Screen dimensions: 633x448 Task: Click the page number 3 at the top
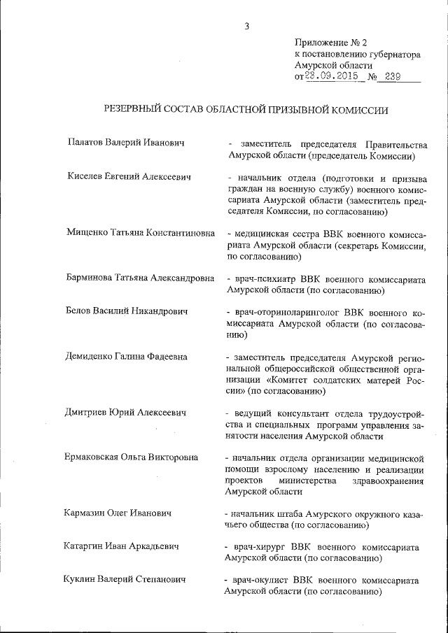pyautogui.click(x=246, y=27)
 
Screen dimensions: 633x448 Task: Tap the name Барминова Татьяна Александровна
pyautogui.click(x=140, y=278)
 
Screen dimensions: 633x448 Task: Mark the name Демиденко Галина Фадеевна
pyautogui.click(x=127, y=356)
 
